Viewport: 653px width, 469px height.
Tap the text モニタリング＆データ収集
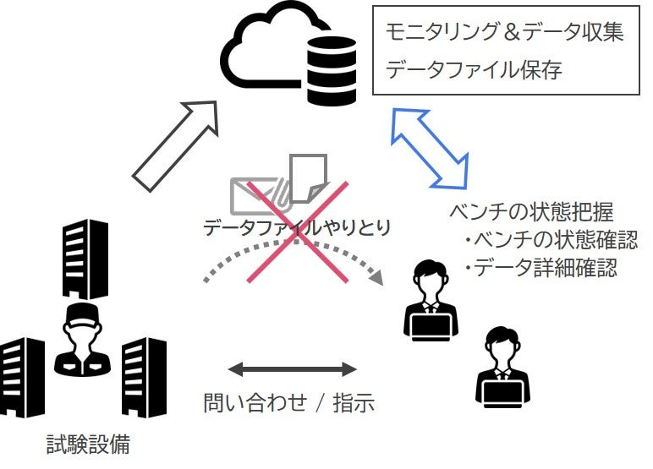pyautogui.click(x=505, y=32)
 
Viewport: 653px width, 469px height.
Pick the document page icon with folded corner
pyautogui.click(x=306, y=178)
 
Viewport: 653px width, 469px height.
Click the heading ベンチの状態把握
pyautogui.click(x=532, y=211)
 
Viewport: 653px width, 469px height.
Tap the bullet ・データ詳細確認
pyautogui.click(x=541, y=269)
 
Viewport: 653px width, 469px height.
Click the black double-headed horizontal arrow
pyautogui.click(x=292, y=369)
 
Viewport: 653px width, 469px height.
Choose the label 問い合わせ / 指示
pyautogui.click(x=288, y=402)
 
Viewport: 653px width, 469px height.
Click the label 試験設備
pyautogui.click(x=88, y=444)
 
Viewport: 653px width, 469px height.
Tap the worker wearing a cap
pyautogui.click(x=82, y=338)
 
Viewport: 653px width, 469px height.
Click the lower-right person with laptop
pyautogui.click(x=501, y=364)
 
